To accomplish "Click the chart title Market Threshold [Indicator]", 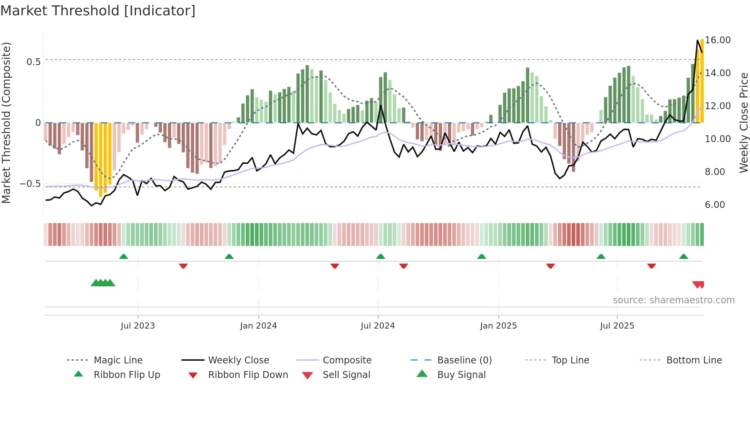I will coord(98,11).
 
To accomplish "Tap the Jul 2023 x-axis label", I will coord(138,326).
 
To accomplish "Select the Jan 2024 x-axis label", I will coord(258,326).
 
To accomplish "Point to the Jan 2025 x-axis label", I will coord(498,326).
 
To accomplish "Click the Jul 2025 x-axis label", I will coord(617,326).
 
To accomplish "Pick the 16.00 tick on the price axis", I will coord(717,40).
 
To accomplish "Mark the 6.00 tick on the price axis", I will coord(715,205).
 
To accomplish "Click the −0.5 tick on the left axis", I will coord(30,184).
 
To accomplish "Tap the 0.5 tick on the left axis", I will coord(33,62).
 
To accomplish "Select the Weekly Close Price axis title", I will coord(743,123).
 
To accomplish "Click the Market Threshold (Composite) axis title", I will coord(6,123).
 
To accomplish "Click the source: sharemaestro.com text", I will coord(673,300).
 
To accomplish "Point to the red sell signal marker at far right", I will coord(698,285).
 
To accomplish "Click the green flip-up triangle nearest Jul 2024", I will coord(380,257).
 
